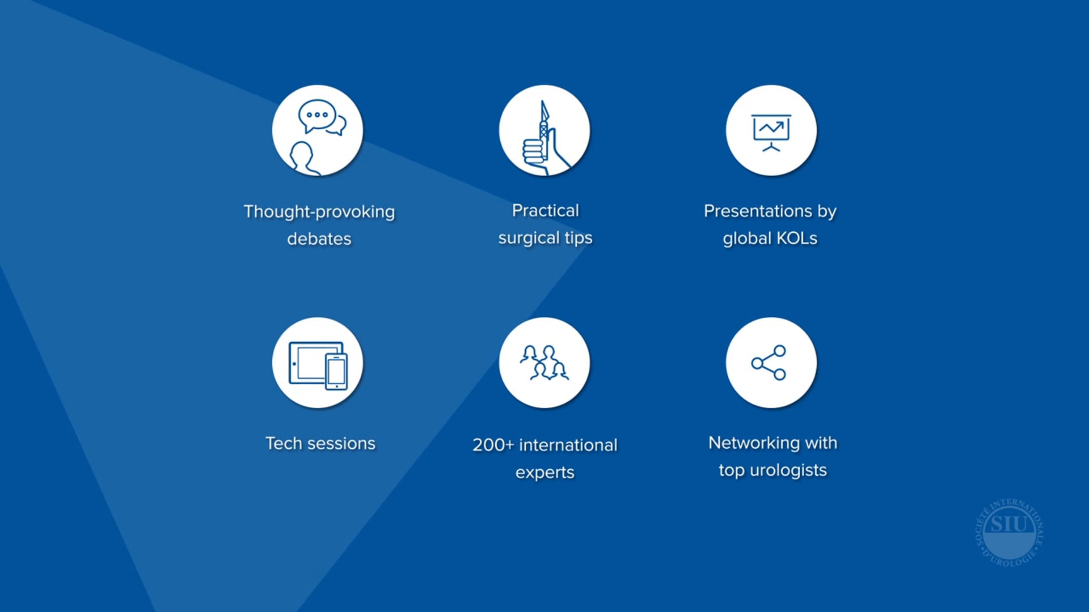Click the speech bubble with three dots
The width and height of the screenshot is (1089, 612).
317,115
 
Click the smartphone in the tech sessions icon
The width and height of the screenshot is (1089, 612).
336,372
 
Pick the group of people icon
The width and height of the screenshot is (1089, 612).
544,363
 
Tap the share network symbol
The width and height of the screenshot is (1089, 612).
769,363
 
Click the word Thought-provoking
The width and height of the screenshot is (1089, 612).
319,211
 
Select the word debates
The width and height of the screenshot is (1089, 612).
319,239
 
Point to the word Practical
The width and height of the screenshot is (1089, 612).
545,210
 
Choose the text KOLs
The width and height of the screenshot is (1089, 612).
797,238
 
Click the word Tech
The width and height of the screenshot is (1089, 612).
284,443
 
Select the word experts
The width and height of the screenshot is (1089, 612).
545,472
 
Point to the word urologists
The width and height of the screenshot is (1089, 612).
788,470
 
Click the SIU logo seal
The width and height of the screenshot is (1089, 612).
1009,532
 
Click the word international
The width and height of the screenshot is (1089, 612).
568,445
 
